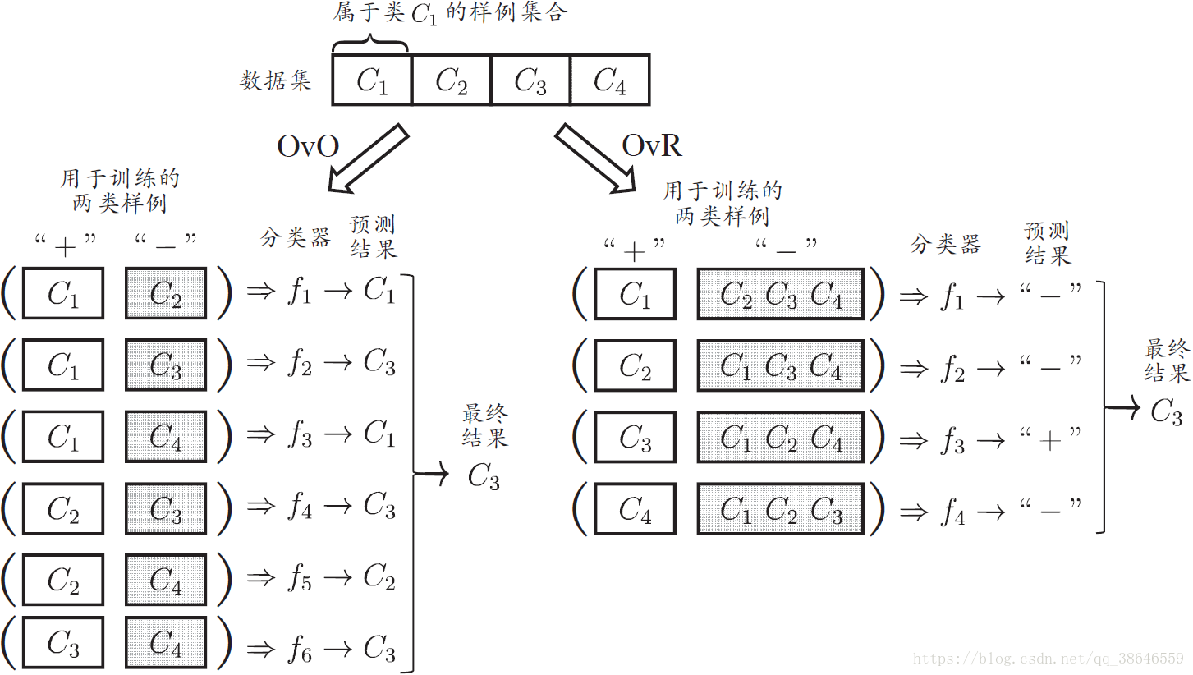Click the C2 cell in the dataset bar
point(451,80)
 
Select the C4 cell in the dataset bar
point(609,80)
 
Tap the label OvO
point(308,146)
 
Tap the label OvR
point(652,145)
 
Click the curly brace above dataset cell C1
point(371,40)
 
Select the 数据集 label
point(276,80)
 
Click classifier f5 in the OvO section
point(299,579)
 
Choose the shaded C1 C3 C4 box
point(780,366)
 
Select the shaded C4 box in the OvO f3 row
point(166,436)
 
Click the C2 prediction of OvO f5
point(379,579)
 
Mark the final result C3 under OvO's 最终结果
point(484,476)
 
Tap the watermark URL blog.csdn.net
point(1048,659)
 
